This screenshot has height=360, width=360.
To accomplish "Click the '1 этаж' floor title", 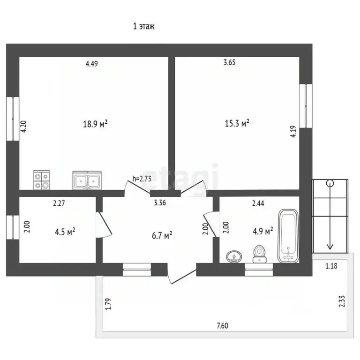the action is click(x=144, y=26).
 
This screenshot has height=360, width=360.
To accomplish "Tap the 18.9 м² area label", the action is click(x=95, y=124).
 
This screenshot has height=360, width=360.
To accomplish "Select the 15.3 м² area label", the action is click(x=237, y=123).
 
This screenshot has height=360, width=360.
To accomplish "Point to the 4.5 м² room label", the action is click(x=65, y=232).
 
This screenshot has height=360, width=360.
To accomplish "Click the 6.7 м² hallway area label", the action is click(x=162, y=235).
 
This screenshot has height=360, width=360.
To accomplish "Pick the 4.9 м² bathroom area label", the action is click(x=263, y=231).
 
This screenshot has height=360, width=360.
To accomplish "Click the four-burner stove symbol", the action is click(x=42, y=180).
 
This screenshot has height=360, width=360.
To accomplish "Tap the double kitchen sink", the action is click(x=87, y=180).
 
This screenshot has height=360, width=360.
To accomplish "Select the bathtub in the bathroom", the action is click(x=288, y=236).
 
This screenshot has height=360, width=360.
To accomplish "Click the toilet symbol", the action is click(x=260, y=254).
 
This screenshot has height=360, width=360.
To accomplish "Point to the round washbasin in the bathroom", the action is click(x=234, y=256).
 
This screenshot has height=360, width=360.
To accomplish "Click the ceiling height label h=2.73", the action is click(x=142, y=179).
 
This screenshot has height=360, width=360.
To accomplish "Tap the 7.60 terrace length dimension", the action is click(x=223, y=326).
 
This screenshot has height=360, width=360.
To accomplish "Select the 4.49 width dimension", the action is click(x=91, y=64).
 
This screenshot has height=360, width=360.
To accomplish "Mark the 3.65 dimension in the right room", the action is click(x=229, y=62).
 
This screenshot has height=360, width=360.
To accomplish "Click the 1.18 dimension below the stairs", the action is click(x=331, y=266).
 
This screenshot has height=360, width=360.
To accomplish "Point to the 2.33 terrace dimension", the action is click(x=342, y=301).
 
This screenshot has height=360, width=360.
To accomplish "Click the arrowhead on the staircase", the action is click(x=330, y=247).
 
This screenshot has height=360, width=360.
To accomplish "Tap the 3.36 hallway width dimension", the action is click(x=160, y=202).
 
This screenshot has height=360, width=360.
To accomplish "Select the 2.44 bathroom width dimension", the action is click(x=258, y=203).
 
